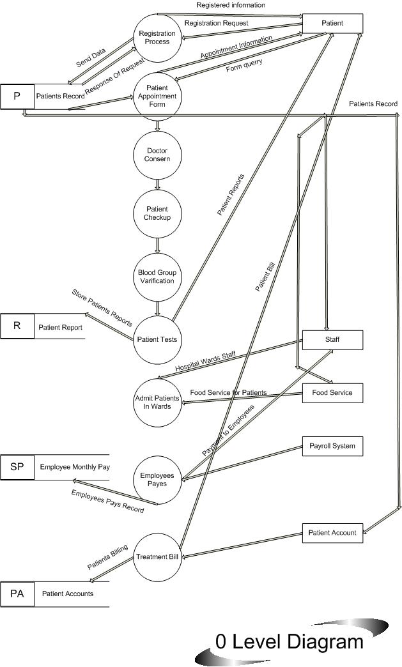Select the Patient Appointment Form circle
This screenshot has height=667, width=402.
point(157,96)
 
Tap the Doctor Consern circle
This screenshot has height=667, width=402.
point(157,155)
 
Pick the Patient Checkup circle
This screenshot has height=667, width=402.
point(157,213)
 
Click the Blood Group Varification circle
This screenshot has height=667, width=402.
point(157,277)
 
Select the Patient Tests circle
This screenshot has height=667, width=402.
point(157,339)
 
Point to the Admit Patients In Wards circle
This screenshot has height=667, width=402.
point(157,402)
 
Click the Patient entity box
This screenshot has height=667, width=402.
point(332,24)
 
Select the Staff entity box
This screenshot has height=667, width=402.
point(332,340)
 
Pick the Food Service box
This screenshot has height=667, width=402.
point(332,393)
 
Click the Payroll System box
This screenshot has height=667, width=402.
point(332,446)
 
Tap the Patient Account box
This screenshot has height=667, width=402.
point(332,533)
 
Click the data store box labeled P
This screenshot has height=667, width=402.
point(17,96)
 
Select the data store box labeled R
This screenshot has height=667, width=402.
point(17,326)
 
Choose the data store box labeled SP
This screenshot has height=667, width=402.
point(17,466)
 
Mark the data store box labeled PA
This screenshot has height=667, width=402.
point(17,593)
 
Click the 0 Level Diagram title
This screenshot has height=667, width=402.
point(289,641)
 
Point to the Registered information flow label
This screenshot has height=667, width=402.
point(231,5)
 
